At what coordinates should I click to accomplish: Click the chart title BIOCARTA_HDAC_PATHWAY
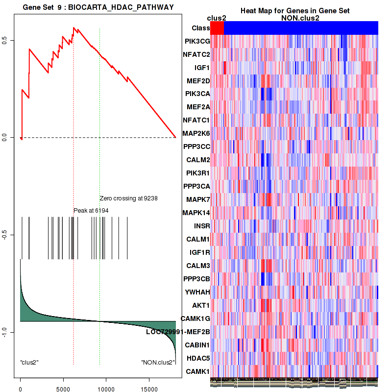(x=98, y=6)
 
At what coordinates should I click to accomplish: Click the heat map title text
(x=294, y=11)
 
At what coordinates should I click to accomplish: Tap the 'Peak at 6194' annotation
(x=91, y=210)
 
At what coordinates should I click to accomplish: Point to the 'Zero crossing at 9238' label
(x=128, y=198)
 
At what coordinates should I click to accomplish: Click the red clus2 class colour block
(x=217, y=28)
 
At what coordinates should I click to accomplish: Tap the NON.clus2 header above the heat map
(x=294, y=18)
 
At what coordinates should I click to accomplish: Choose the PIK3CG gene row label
(x=197, y=41)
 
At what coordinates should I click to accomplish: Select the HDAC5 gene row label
(x=198, y=358)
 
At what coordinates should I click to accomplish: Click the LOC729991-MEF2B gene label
(x=178, y=332)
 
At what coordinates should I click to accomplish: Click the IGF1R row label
(x=199, y=252)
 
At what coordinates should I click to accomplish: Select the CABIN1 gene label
(x=197, y=345)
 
